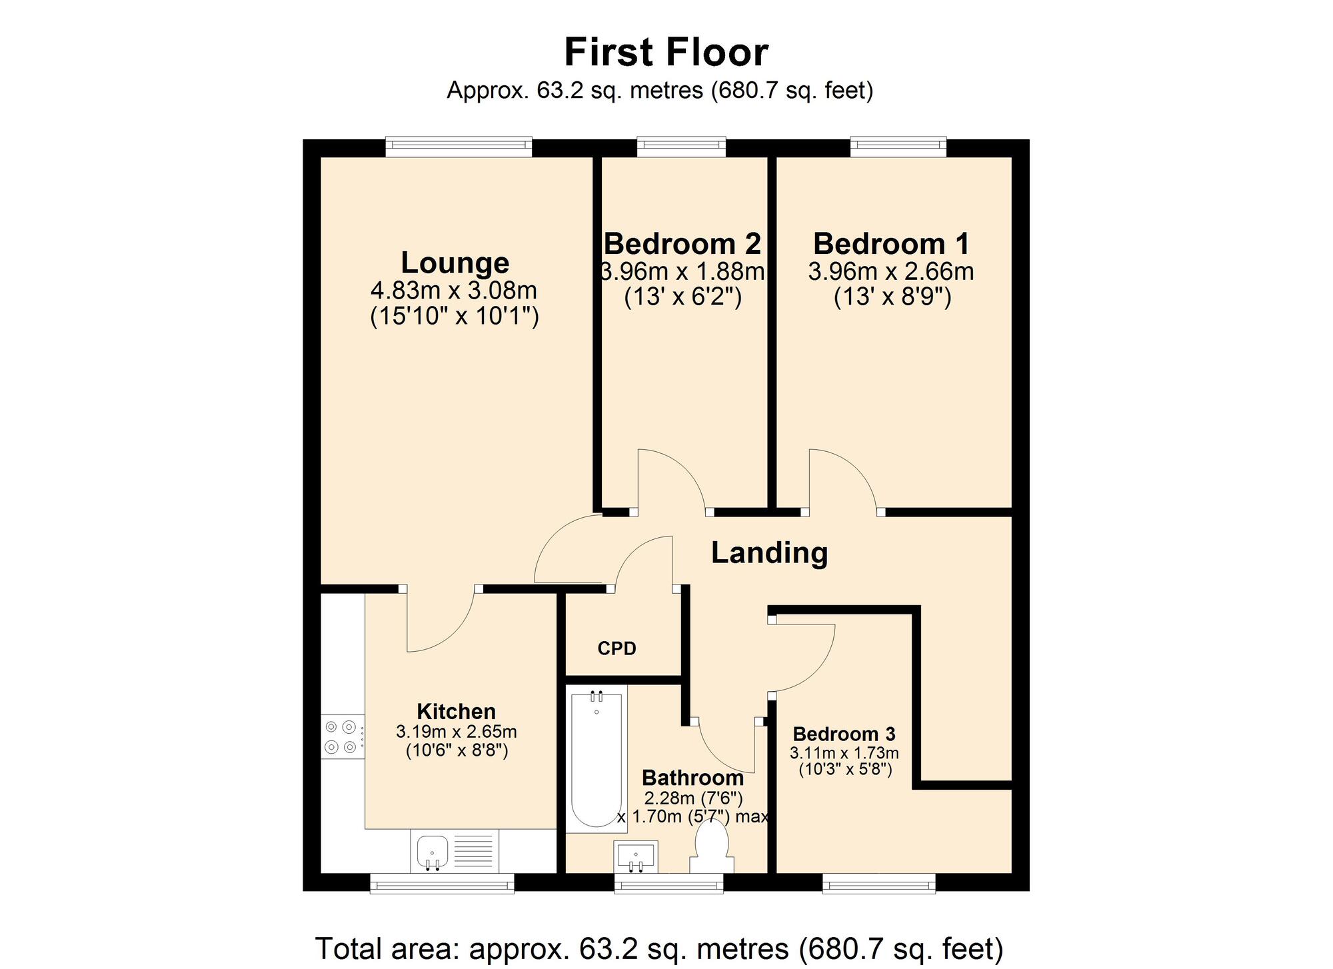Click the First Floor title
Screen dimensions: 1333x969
pos(666,52)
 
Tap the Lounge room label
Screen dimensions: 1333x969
pos(455,263)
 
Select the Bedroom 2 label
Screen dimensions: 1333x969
pos(682,244)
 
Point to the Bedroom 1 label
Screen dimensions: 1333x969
pos(891,244)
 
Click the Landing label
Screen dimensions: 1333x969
pos(769,552)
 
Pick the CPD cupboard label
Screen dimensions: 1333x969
pos(617,648)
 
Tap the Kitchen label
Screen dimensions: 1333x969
pos(457,711)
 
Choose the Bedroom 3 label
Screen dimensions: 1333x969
pos(844,734)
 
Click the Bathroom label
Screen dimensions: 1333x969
pos(692,778)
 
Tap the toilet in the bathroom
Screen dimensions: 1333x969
pos(711,847)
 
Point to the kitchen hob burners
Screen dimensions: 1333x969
pos(342,736)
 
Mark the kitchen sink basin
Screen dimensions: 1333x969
pos(432,852)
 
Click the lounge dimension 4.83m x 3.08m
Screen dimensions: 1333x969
pos(454,291)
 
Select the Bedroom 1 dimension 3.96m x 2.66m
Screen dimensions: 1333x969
pos(891,272)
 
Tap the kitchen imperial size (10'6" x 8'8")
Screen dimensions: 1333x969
pos(457,751)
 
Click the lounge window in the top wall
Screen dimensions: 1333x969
pos(459,147)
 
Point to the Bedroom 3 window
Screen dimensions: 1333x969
pos(878,882)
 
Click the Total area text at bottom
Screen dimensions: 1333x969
pos(659,948)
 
